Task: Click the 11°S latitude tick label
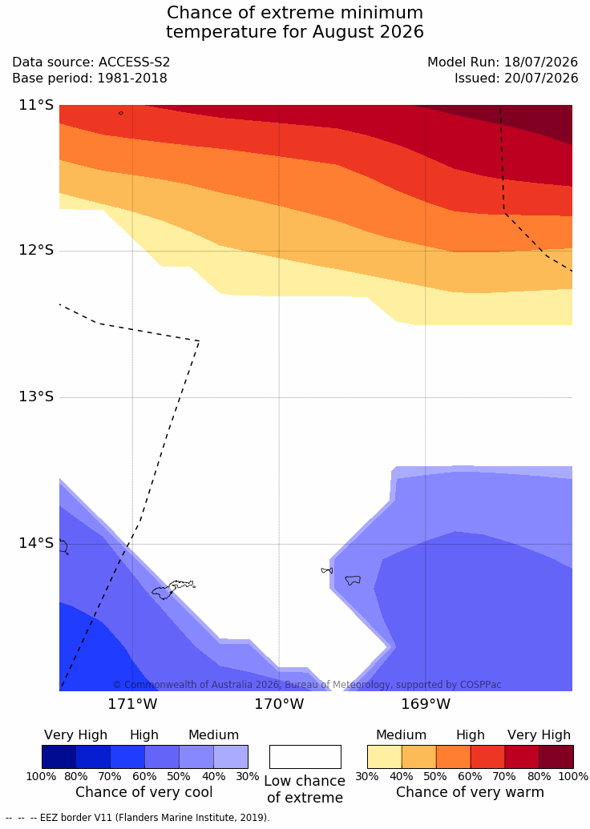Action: pos(37,105)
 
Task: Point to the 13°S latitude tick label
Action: pos(37,396)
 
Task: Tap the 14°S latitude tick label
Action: pos(37,543)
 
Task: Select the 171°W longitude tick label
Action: pos(132,704)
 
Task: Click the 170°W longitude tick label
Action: pos(280,704)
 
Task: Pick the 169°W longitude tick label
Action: pos(426,704)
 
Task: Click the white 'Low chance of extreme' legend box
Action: pos(305,757)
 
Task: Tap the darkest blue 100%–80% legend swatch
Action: pos(59,757)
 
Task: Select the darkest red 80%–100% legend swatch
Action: pos(556,757)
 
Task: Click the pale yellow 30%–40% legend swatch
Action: pos(384,757)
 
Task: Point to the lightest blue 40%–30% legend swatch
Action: pos(231,757)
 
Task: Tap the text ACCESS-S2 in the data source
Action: pos(135,62)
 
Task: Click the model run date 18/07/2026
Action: pos(541,62)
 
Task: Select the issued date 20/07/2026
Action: pos(541,78)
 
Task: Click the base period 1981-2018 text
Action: pos(131,78)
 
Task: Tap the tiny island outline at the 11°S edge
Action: pos(121,113)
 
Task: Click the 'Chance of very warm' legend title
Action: pos(470,792)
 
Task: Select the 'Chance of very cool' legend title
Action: pos(144,792)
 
